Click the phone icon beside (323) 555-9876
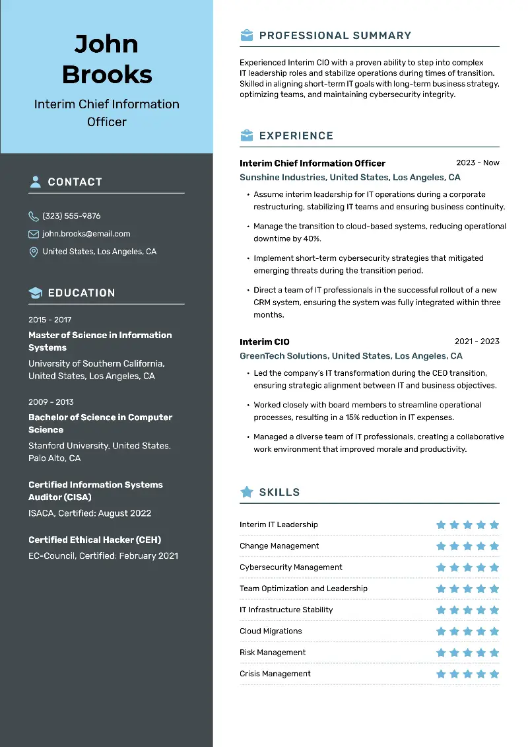click(x=34, y=216)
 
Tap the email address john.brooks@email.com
click(x=86, y=234)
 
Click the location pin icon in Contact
click(x=34, y=252)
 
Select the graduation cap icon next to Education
click(x=35, y=293)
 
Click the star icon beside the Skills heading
click(x=247, y=492)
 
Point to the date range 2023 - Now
click(x=477, y=162)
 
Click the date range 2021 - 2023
click(x=477, y=341)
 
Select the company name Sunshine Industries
click(x=282, y=178)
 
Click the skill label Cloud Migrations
click(x=271, y=631)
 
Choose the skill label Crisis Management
click(x=275, y=674)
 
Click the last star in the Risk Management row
click(x=494, y=653)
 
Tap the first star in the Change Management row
click(x=441, y=546)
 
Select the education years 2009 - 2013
click(x=51, y=402)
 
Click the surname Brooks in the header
click(x=107, y=75)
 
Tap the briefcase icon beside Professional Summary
click(x=246, y=36)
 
